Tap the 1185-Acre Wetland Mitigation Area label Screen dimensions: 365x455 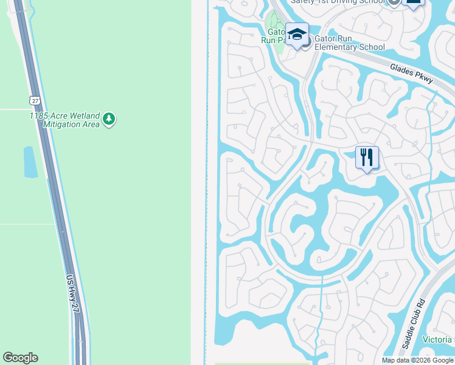(64, 120)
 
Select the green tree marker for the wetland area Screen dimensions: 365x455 (108, 119)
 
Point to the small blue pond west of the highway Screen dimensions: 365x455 (30, 162)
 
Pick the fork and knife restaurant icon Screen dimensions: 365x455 (367, 158)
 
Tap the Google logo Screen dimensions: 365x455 (20, 358)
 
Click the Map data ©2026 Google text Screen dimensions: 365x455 (417, 360)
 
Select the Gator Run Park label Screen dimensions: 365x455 (274, 36)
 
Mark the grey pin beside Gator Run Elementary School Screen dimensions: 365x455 (305, 41)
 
